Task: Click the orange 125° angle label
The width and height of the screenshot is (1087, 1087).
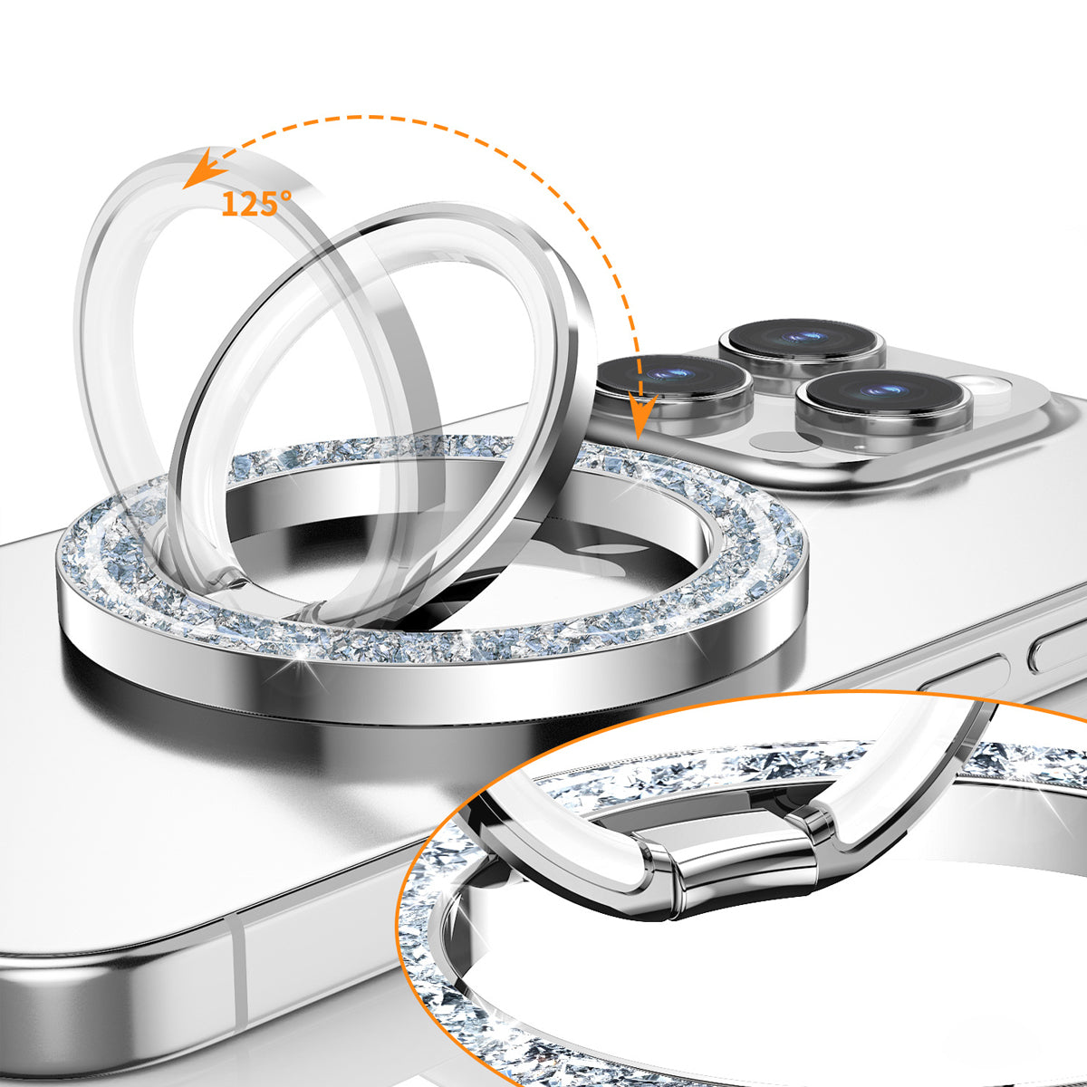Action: click(256, 204)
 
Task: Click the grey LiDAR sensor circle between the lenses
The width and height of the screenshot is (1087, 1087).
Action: click(783, 441)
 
